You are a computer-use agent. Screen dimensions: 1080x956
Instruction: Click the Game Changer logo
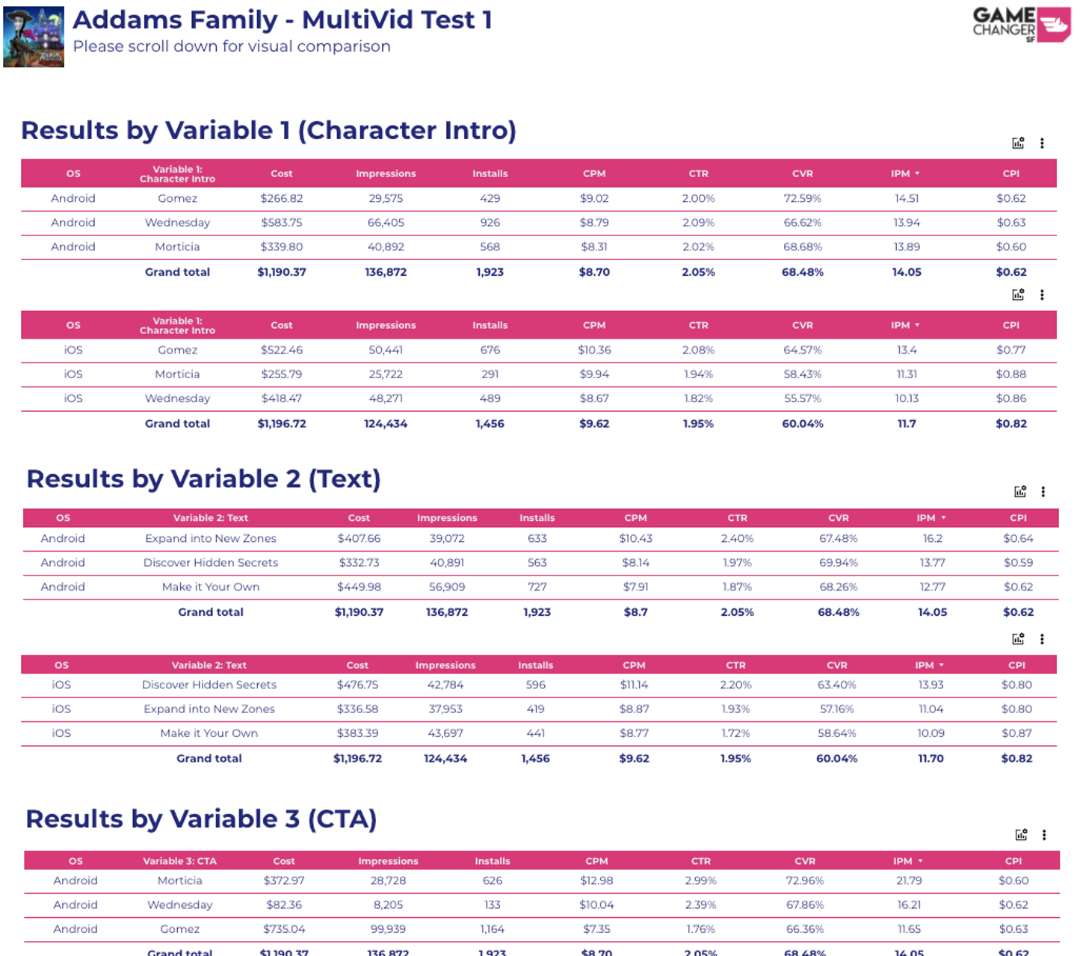click(x=1021, y=24)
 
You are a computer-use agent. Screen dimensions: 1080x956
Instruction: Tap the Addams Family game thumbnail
click(x=34, y=37)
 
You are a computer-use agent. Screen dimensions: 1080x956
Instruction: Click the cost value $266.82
click(x=282, y=198)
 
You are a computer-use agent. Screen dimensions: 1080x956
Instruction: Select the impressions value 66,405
click(x=386, y=222)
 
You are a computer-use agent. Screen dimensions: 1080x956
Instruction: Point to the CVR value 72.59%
click(x=802, y=198)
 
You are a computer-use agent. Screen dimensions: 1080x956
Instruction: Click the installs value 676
click(x=490, y=350)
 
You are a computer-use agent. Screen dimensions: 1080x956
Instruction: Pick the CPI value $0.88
click(x=1010, y=374)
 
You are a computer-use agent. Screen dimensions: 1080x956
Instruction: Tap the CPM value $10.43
click(x=635, y=538)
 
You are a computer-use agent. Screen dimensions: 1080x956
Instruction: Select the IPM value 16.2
click(x=932, y=538)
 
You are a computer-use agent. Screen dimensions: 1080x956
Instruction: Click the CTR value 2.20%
click(x=735, y=684)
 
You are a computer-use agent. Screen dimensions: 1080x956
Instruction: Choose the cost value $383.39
click(x=357, y=733)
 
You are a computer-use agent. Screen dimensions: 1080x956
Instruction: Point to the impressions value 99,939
click(x=388, y=928)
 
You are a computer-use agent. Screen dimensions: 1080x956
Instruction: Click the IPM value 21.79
click(x=909, y=880)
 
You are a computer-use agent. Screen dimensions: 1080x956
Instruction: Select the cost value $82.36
click(x=283, y=904)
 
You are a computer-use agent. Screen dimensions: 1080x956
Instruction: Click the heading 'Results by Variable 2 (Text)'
click(x=203, y=478)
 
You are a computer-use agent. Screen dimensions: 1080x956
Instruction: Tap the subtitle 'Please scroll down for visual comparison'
click(x=232, y=46)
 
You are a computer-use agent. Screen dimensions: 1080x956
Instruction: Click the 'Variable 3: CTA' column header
click(x=179, y=860)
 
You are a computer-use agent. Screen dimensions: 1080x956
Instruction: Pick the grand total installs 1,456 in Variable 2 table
click(x=535, y=758)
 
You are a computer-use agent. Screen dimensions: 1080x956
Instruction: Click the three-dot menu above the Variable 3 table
click(x=1044, y=834)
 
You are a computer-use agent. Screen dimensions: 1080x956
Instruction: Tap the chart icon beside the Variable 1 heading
click(x=1018, y=143)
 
